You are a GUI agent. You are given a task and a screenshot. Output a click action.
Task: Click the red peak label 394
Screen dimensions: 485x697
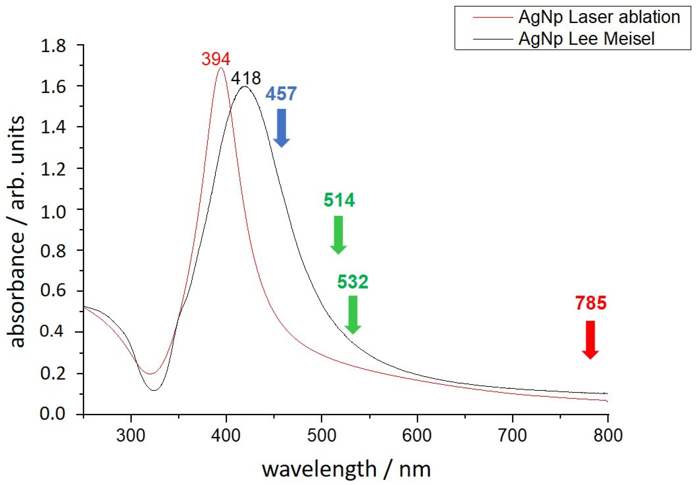(216, 59)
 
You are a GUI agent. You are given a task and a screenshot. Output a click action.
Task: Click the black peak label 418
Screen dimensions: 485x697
(246, 78)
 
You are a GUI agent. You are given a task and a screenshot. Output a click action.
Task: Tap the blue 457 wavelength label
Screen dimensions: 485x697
(281, 94)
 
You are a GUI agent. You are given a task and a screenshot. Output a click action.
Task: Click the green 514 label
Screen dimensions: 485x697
(339, 200)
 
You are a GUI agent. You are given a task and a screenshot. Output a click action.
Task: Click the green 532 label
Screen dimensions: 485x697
(353, 282)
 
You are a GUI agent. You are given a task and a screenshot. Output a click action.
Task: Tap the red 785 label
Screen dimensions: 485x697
(591, 303)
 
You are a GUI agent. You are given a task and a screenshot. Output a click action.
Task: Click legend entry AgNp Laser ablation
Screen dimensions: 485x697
(599, 17)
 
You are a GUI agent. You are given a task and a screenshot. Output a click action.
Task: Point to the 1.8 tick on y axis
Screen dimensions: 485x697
(53, 46)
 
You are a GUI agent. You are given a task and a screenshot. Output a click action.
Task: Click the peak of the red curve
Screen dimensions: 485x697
(221, 67)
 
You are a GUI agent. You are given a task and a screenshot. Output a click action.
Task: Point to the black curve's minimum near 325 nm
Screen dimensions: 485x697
(154, 390)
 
